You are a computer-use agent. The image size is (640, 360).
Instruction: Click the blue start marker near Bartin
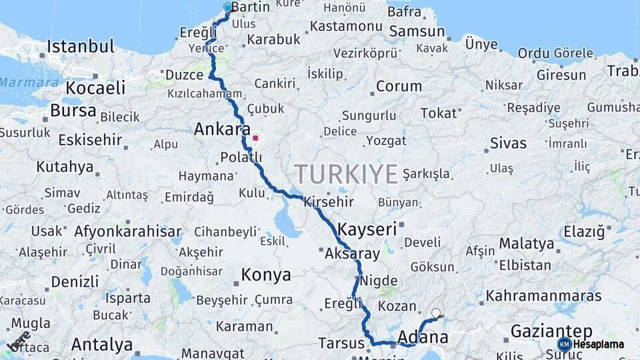pos(228,8)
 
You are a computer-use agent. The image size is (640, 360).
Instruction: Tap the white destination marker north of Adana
pos(436,313)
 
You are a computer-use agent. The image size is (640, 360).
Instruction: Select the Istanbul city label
pos(81,47)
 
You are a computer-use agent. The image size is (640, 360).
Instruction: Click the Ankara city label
pos(222,129)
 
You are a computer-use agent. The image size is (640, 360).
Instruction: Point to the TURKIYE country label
pos(346,174)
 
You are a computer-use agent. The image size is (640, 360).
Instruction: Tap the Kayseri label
pos(367,230)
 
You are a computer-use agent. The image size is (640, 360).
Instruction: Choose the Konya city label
pos(266,275)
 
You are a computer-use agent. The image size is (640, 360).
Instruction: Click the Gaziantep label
pos(551,331)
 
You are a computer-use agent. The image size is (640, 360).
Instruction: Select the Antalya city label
pos(102,345)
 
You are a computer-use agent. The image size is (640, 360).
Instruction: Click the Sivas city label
pos(508,143)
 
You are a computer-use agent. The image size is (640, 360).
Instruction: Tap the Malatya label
pos(527,244)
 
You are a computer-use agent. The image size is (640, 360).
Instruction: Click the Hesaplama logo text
pos(598,345)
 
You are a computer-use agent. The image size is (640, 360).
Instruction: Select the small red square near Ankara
pos(255,139)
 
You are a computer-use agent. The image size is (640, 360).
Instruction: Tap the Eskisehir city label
pos(90,140)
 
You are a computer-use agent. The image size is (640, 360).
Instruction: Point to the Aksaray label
pos(352,254)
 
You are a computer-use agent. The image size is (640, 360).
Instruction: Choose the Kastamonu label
pos(345,26)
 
